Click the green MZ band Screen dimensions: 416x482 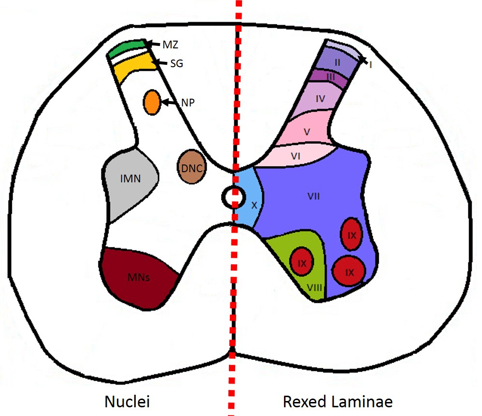click(127, 48)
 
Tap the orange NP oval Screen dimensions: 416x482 click(152, 102)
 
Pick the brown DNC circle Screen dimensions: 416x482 click(192, 167)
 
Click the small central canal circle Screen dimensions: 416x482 click(232, 197)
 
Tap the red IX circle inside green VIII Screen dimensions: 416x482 click(302, 263)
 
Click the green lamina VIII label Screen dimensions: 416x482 click(314, 288)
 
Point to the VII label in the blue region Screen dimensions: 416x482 click(314, 196)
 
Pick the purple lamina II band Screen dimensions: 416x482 click(337, 62)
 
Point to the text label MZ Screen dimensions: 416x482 click(170, 45)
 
